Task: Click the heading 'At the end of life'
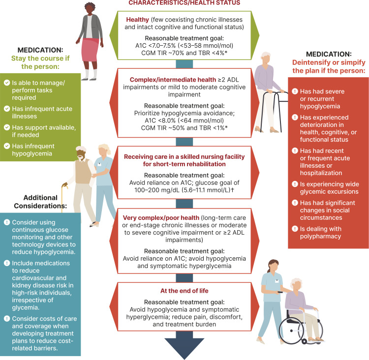[184, 290]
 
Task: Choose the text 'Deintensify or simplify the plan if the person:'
[328, 67]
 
